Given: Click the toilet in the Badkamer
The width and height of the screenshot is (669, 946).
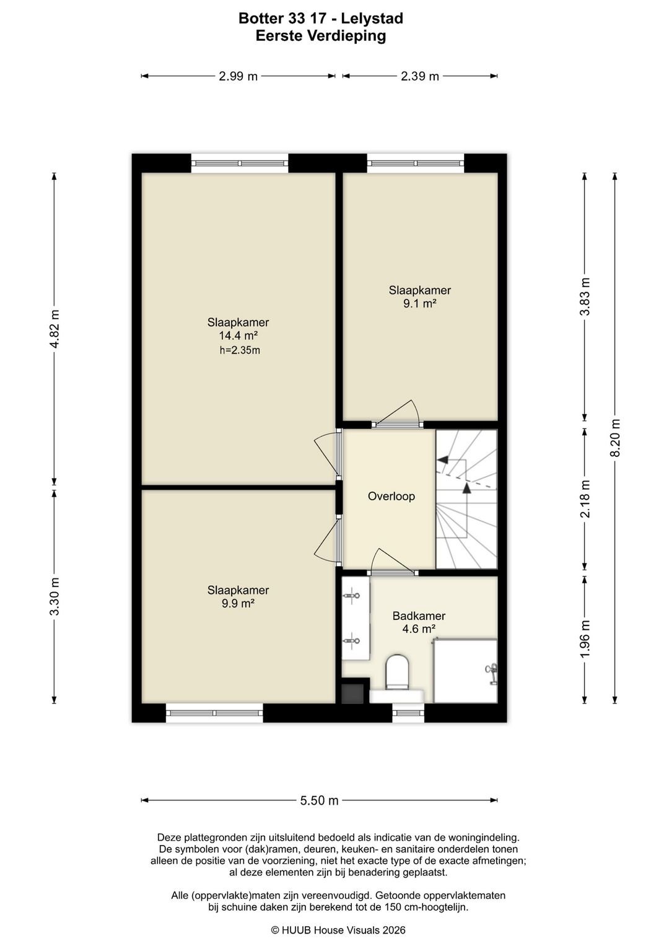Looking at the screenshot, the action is [x=397, y=672].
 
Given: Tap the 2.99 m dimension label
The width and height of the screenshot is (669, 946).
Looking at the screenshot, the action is [x=238, y=76].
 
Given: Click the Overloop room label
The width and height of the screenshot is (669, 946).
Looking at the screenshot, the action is [x=391, y=496].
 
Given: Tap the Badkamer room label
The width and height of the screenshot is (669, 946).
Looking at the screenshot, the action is [x=419, y=616].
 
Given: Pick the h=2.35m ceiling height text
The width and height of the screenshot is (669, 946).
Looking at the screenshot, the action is [x=240, y=350].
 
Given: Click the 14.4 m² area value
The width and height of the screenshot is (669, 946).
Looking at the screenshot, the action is [x=238, y=336].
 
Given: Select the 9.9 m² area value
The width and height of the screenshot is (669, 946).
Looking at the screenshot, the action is [x=238, y=604].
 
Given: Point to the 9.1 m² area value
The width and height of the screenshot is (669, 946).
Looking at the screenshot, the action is [x=419, y=304].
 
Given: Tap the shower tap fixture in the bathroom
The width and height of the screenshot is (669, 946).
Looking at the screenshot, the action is [x=491, y=673].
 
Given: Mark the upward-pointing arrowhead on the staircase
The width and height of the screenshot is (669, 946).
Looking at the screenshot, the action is [x=466, y=488].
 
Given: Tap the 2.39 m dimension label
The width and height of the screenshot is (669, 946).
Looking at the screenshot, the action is [x=419, y=76].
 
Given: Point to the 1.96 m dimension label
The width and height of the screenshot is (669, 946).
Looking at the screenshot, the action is [x=585, y=639].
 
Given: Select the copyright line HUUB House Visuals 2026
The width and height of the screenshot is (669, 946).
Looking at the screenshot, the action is [x=338, y=930].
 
